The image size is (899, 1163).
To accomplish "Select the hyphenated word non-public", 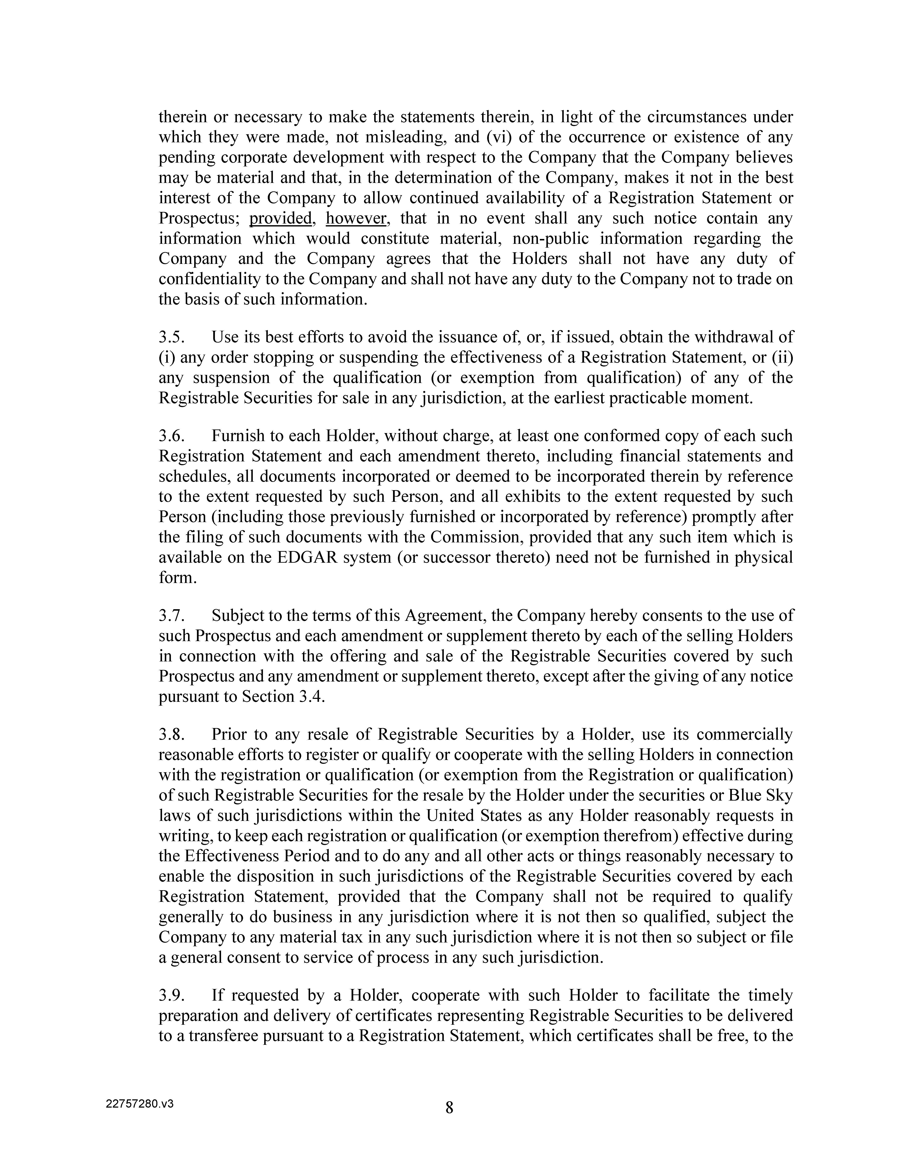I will point(538,239).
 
